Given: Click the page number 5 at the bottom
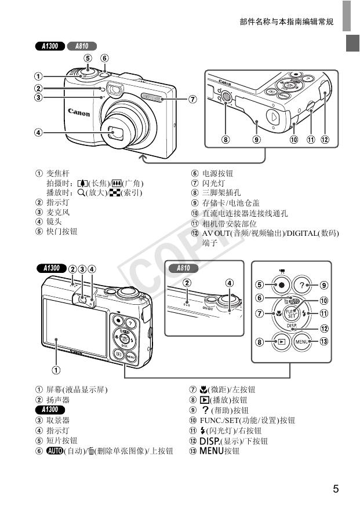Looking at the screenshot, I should click(336, 488).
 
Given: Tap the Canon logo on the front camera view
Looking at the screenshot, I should click(79, 112).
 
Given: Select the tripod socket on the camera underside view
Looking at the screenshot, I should click(227, 100).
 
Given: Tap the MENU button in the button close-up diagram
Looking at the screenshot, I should click(301, 342).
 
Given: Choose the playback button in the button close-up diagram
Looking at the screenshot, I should click(281, 342).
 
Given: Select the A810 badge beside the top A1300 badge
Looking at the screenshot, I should click(82, 46).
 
